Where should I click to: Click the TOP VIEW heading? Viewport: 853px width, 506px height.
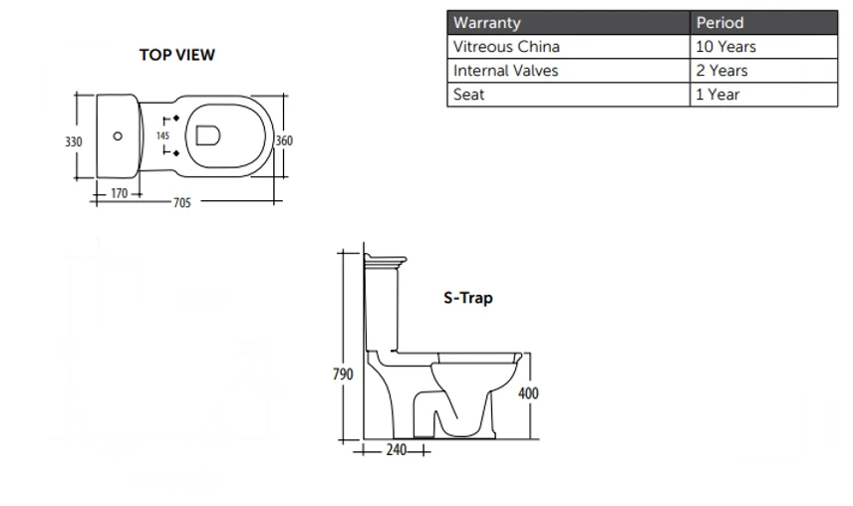tap(176, 56)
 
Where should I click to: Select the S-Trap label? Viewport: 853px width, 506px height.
tap(467, 297)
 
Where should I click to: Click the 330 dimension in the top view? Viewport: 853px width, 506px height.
tap(74, 142)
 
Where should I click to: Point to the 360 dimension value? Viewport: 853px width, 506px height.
tap(284, 141)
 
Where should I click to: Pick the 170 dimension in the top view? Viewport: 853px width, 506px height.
tap(119, 193)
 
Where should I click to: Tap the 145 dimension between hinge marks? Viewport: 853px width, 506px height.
tap(163, 135)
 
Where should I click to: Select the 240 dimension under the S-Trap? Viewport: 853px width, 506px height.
tap(395, 450)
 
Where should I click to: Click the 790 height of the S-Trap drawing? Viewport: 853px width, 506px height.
tap(343, 375)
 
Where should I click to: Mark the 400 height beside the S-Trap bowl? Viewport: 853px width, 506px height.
tap(528, 393)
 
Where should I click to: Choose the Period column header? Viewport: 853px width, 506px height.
tap(719, 23)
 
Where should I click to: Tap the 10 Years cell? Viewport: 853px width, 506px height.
tap(725, 47)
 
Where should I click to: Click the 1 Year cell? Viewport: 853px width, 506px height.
tap(717, 96)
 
